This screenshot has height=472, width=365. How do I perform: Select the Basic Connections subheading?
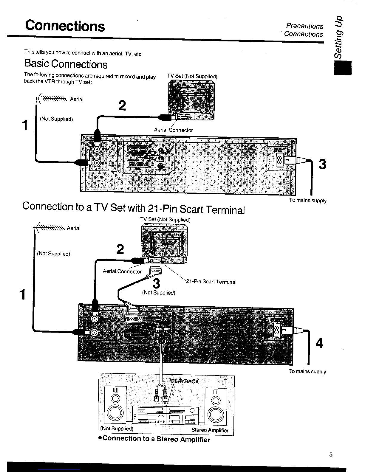pyautogui.click(x=66, y=64)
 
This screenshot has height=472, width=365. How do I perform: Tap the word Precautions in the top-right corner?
pyautogui.click(x=304, y=26)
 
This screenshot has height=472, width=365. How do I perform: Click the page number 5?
pyautogui.click(x=331, y=455)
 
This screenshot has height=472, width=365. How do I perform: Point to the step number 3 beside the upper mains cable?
pyautogui.click(x=322, y=164)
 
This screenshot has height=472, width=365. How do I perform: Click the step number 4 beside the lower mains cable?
pyautogui.click(x=319, y=344)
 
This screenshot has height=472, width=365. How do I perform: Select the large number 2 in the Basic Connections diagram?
pyautogui.click(x=122, y=105)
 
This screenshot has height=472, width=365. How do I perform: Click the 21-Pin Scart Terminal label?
pyautogui.click(x=211, y=282)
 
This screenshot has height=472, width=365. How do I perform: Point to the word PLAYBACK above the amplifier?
pyautogui.click(x=185, y=381)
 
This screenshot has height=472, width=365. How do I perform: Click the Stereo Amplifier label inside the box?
pyautogui.click(x=210, y=430)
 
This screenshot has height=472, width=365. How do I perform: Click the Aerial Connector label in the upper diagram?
pyautogui.click(x=173, y=130)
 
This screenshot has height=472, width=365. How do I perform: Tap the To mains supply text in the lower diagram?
pyautogui.click(x=307, y=372)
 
